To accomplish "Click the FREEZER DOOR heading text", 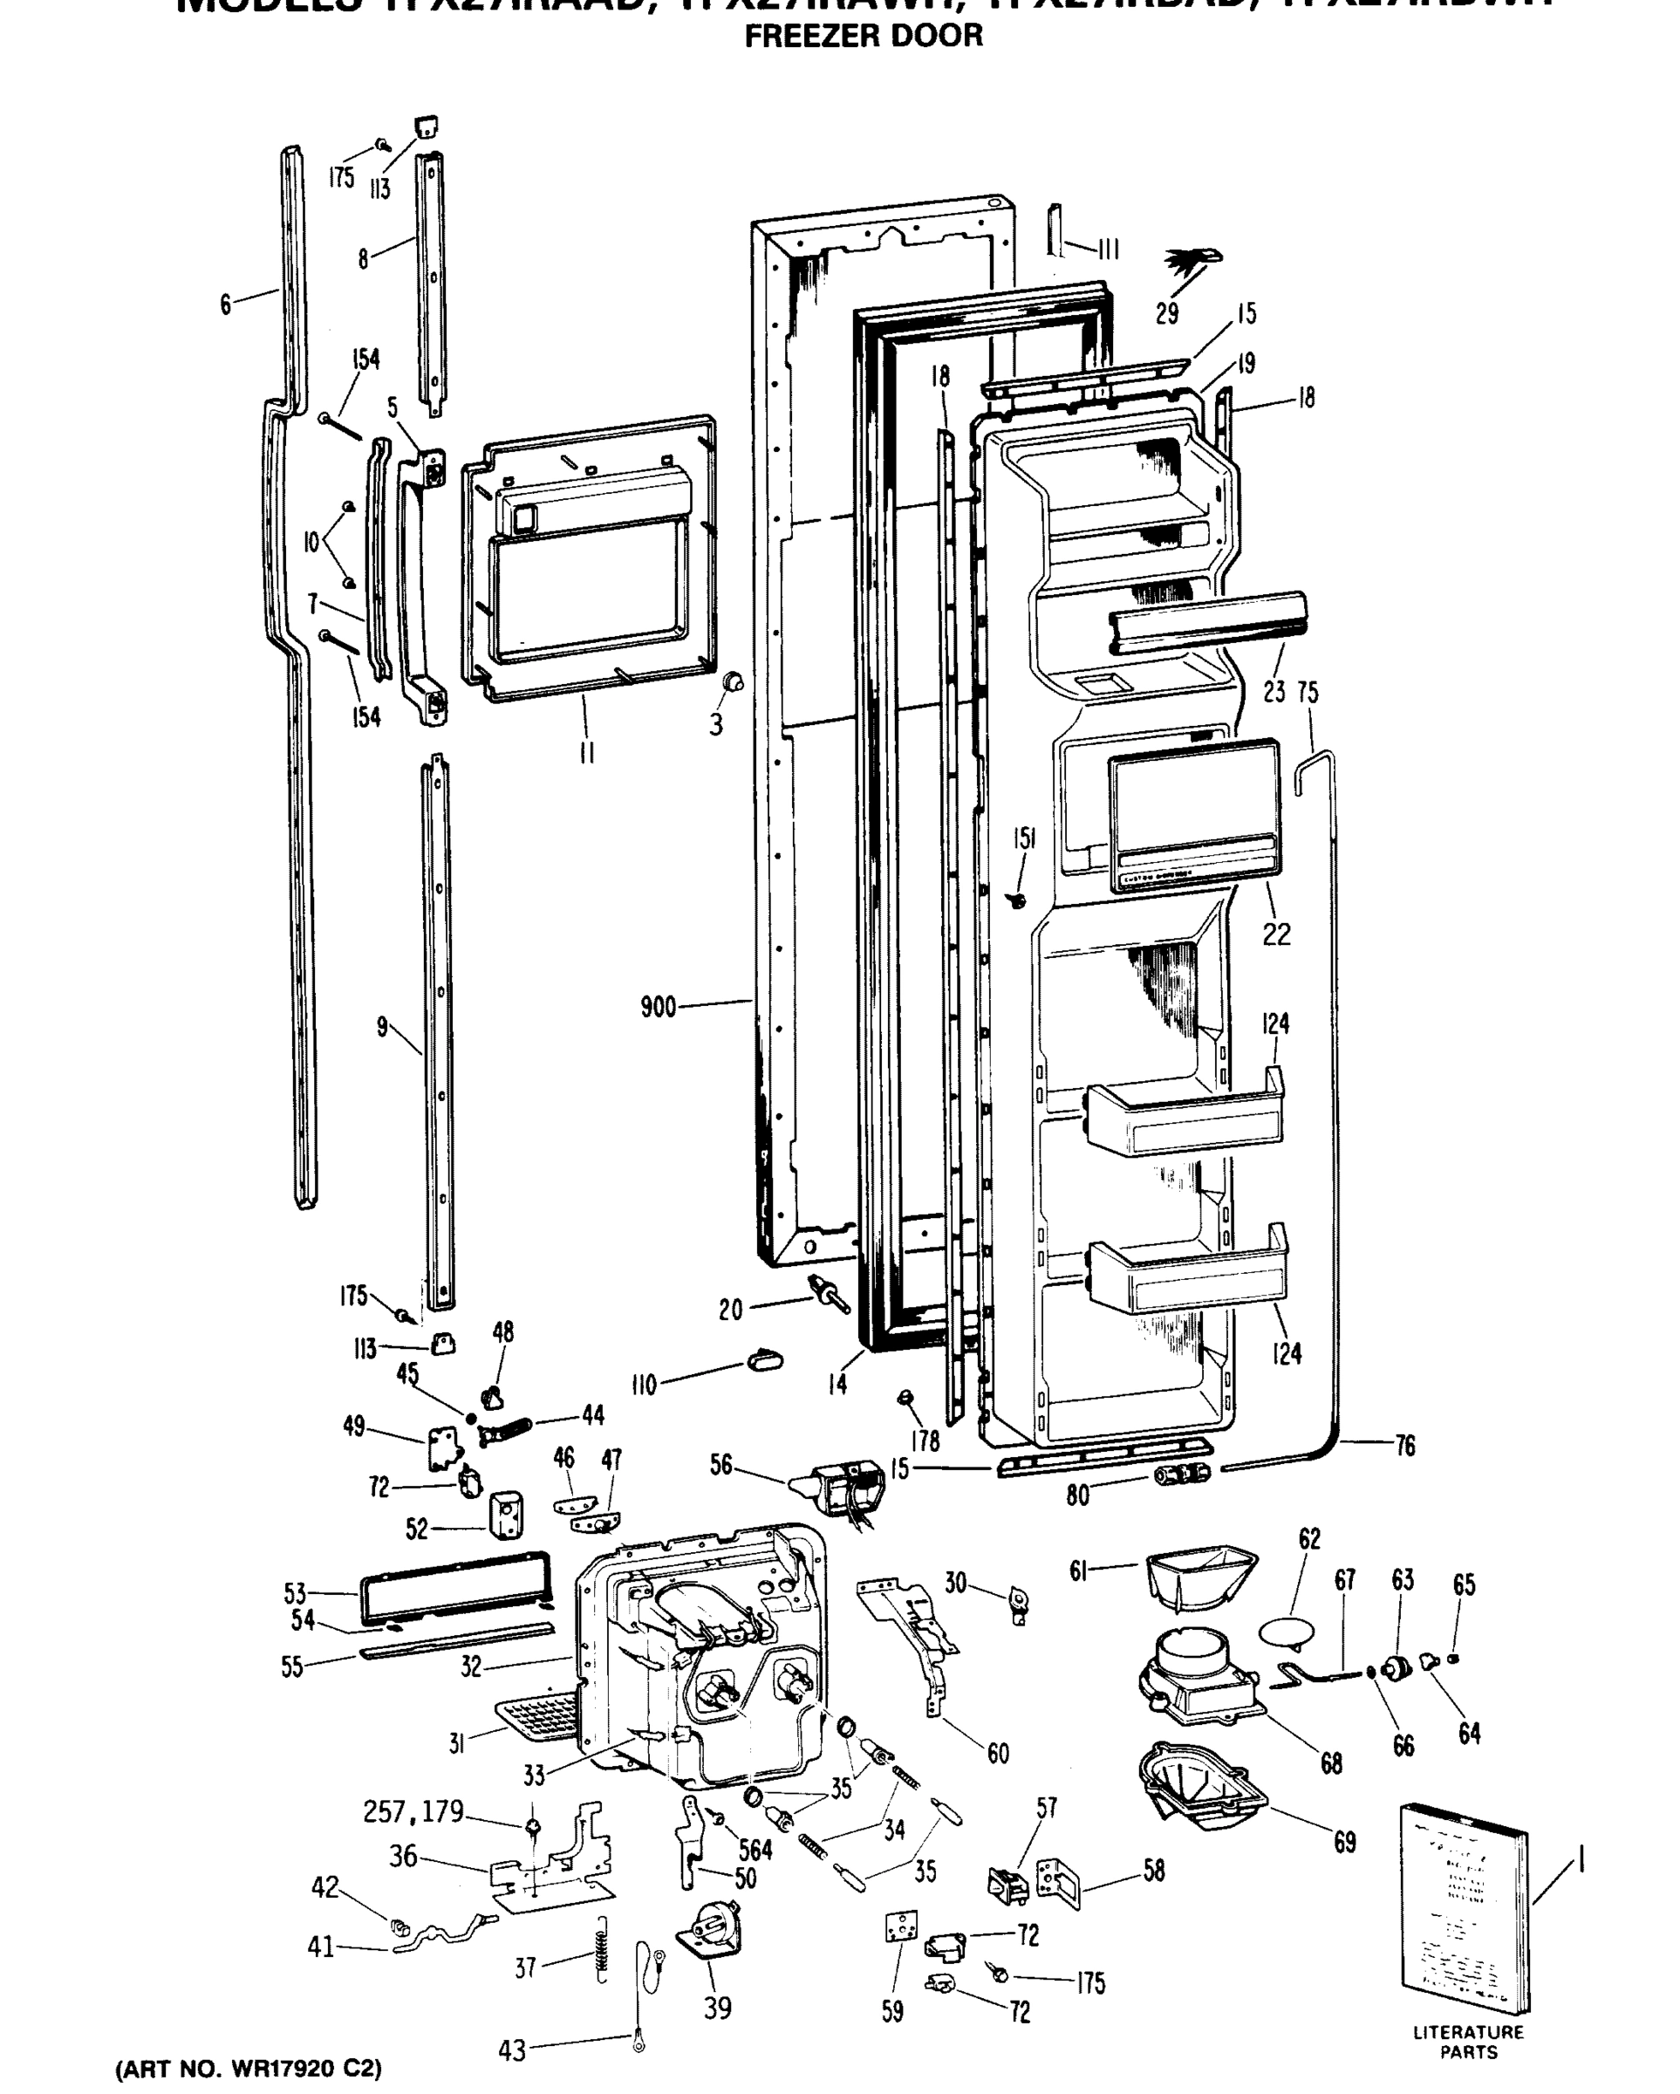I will click(x=863, y=36).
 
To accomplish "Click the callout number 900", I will click(x=658, y=1006).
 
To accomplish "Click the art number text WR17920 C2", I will click(x=249, y=2068).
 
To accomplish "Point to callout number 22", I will click(x=1276, y=934).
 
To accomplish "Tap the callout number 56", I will click(x=720, y=1465).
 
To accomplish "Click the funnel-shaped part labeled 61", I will click(x=1199, y=1577).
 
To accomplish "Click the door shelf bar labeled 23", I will click(x=1206, y=621).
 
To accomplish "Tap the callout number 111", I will click(x=1108, y=250).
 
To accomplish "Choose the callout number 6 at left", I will click(x=225, y=305).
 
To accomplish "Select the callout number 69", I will click(x=1344, y=1842).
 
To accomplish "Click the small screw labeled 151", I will click(x=1018, y=900).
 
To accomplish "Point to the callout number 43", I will click(x=512, y=2050).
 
